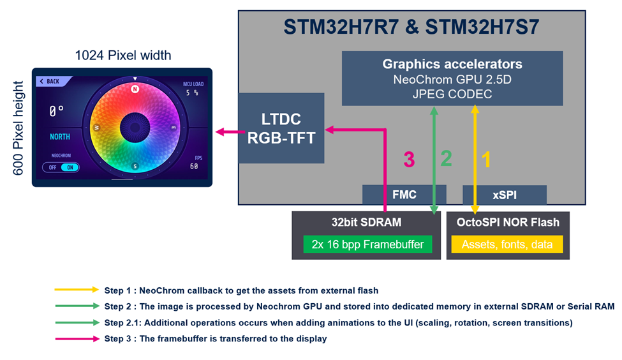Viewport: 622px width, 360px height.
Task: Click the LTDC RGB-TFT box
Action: pos(281,128)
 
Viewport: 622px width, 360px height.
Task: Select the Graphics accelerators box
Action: pos(452,78)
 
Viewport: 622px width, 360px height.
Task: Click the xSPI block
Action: pos(504,195)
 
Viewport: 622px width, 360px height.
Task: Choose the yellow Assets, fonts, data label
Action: pos(507,244)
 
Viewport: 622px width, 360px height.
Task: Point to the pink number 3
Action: pos(409,160)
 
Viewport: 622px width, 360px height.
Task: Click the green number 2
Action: pos(446,159)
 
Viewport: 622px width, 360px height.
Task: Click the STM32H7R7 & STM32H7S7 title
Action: pos(411,28)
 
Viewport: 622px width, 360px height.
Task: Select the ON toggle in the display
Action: pos(70,167)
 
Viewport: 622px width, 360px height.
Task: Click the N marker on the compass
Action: pos(135,89)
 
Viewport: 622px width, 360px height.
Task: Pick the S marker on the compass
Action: pos(135,167)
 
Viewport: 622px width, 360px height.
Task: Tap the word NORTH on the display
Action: pos(60,137)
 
